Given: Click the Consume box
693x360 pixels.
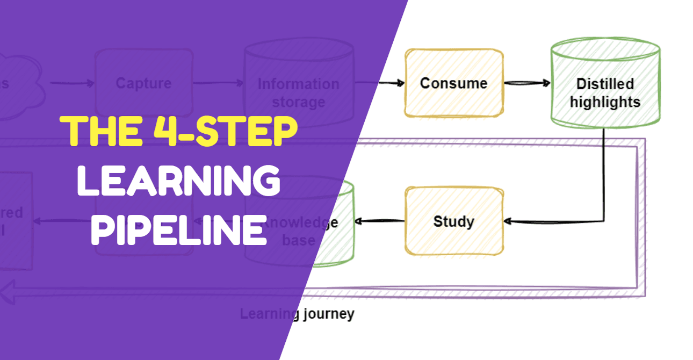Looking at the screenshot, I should (454, 83).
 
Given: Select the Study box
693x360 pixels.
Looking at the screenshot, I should (454, 221).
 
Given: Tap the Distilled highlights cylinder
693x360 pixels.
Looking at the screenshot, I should (605, 86).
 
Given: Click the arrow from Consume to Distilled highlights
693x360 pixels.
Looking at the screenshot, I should (526, 83).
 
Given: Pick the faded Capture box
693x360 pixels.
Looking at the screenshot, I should (143, 83).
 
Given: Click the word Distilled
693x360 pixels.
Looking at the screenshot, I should (605, 84).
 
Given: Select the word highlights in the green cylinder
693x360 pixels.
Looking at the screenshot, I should (605, 102).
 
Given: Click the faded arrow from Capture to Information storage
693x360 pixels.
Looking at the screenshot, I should (218, 83).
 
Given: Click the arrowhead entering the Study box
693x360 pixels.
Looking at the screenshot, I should (508, 221).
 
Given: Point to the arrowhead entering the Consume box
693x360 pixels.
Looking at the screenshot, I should (400, 83).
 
